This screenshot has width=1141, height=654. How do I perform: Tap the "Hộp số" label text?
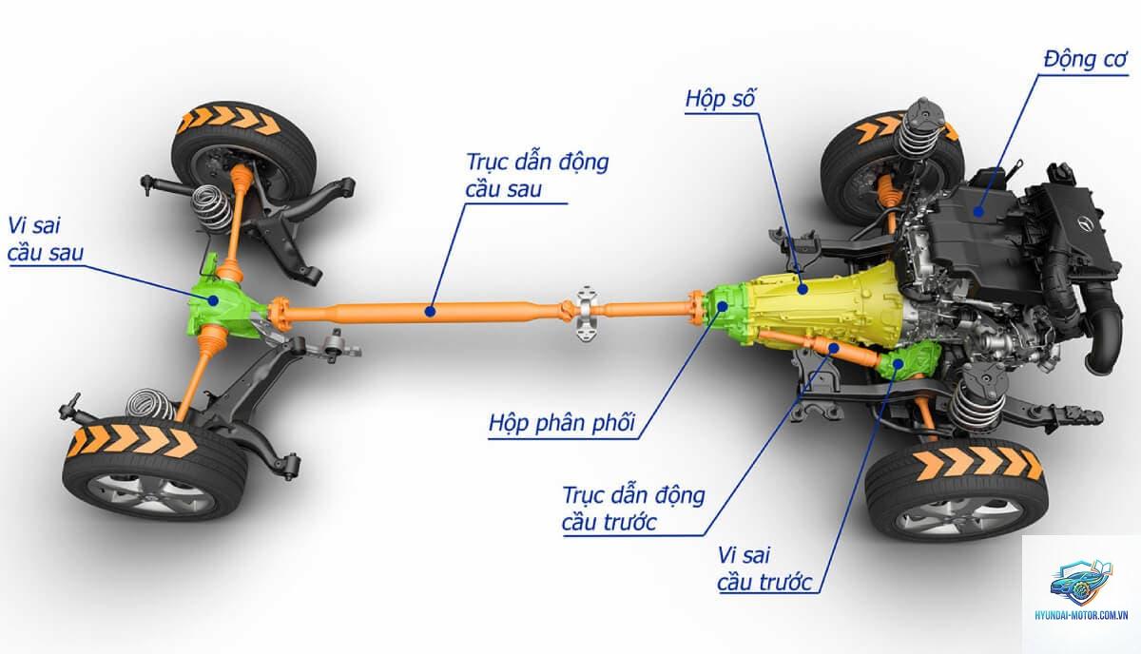tap(721, 98)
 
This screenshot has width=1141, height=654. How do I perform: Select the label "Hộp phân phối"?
tap(562, 423)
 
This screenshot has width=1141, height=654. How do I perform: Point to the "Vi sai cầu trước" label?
tap(764, 569)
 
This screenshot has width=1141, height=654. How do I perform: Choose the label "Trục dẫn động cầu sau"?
tap(537, 175)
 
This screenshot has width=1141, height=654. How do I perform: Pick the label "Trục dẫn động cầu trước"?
tap(633, 509)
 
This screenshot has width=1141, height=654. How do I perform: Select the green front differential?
tap(909, 360)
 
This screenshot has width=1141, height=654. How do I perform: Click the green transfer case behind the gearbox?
tap(725, 314)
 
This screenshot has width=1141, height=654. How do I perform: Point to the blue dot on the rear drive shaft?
tap(431, 311)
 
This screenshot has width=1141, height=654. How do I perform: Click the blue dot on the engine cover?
tap(978, 210)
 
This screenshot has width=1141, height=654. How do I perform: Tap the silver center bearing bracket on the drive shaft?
tap(586, 314)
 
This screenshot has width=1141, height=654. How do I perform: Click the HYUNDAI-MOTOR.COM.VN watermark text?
tap(1081, 615)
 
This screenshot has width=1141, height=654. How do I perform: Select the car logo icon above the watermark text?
tap(1081, 584)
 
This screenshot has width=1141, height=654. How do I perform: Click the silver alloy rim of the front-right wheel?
tap(957, 517)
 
